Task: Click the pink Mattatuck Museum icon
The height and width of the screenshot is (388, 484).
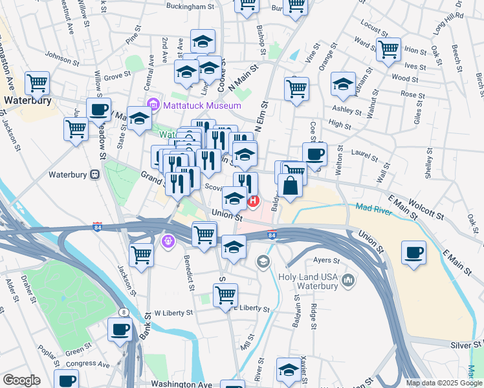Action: point(153,105)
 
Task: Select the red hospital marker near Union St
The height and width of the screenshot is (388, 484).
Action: point(254,201)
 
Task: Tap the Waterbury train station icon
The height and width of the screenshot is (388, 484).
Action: point(95,175)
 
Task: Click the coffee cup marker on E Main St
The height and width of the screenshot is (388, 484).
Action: point(413,252)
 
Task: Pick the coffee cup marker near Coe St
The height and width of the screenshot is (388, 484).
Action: point(314,155)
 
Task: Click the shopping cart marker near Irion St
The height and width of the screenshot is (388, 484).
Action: point(388,49)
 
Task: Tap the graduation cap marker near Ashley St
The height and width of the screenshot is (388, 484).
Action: point(343,84)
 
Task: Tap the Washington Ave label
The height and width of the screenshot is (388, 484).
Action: point(182,383)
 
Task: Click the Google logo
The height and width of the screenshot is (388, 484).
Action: point(21,380)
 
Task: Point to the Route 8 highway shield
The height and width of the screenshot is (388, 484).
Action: point(123,312)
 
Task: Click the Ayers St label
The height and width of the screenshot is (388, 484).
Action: point(326,261)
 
